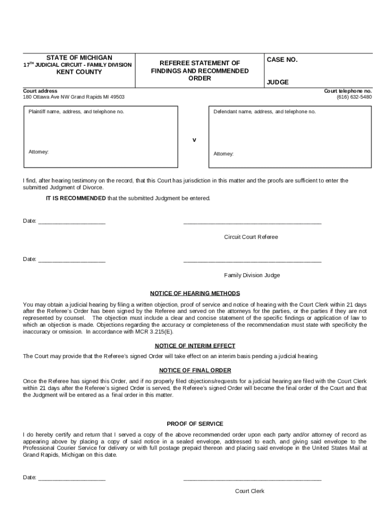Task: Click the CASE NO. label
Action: click(282, 60)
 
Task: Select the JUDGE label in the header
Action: click(278, 82)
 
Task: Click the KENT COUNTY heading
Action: click(79, 72)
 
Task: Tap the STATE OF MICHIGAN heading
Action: click(79, 58)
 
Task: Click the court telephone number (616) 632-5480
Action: click(354, 97)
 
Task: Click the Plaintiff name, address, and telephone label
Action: click(76, 111)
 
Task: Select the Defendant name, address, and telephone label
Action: click(264, 111)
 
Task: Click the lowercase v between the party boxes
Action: click(193, 139)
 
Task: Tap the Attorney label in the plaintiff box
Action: click(38, 152)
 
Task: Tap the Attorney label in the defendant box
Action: click(223, 154)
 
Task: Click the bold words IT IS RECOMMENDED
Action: click(75, 198)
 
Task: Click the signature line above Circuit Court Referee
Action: click(252, 223)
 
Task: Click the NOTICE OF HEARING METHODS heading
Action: click(195, 293)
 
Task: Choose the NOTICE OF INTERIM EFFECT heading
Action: click(195, 346)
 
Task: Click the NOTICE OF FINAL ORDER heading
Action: click(195, 370)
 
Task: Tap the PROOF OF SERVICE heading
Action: click(195, 424)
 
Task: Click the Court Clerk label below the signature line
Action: click(249, 491)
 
